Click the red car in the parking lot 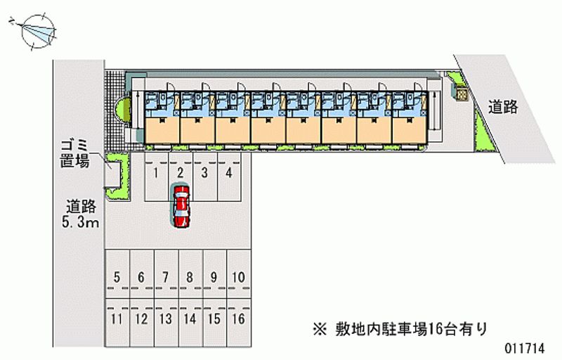click(x=181, y=206)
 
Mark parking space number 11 click(x=117, y=320)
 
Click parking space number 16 click(x=238, y=320)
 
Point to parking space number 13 click(x=166, y=320)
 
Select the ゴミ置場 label click(x=74, y=153)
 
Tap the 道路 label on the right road click(x=503, y=107)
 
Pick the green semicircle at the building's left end click(x=124, y=110)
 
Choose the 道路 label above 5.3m click(x=81, y=207)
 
